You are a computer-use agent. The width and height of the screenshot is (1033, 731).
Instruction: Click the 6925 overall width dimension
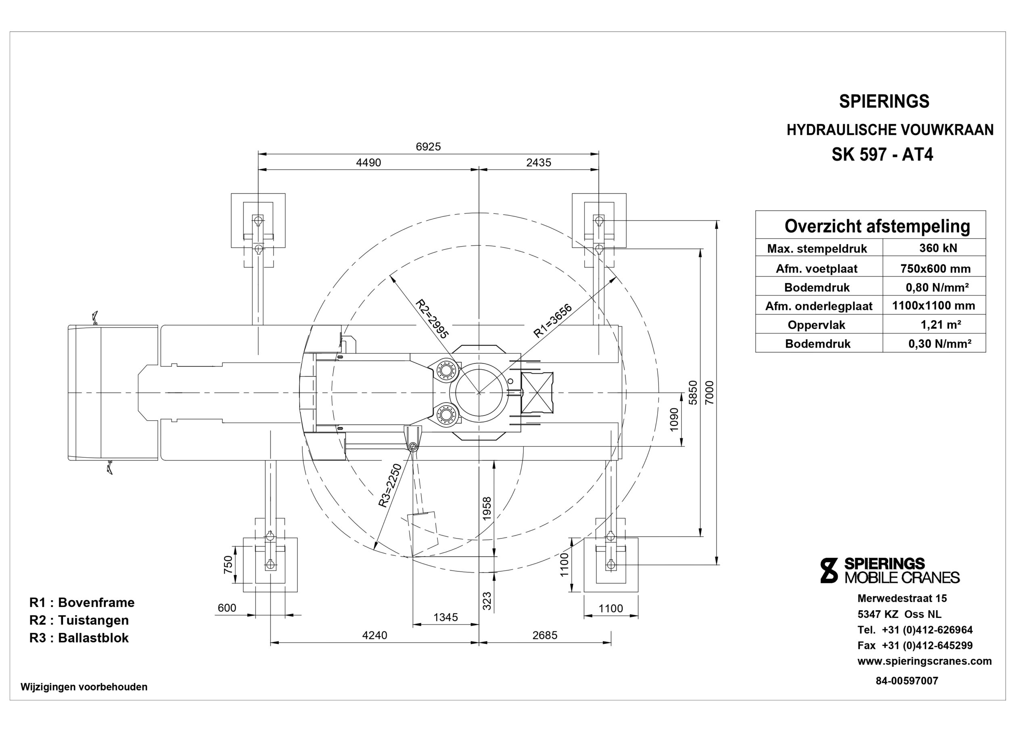tap(428, 147)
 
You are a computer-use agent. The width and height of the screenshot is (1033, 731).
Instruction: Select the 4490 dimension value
tap(368, 163)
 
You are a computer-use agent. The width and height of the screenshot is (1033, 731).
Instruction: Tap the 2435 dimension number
tap(539, 163)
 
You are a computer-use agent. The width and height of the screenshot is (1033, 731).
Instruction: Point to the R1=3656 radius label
tap(552, 321)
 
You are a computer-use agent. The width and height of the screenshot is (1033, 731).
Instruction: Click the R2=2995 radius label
tap(432, 319)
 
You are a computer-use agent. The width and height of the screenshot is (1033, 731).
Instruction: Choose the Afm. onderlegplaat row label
tap(818, 306)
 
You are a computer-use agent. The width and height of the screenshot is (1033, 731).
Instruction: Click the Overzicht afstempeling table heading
tap(877, 226)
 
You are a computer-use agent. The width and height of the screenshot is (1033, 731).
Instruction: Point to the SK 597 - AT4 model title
tap(882, 154)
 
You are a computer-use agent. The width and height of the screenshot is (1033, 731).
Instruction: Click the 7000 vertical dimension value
tap(709, 392)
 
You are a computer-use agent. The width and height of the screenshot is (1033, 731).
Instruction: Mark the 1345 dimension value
tap(445, 617)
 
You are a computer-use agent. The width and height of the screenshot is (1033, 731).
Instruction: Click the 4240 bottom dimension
tap(375, 635)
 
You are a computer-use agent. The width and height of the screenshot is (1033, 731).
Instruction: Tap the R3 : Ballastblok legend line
tap(79, 638)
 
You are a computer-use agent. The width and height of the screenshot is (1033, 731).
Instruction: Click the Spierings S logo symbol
tap(829, 570)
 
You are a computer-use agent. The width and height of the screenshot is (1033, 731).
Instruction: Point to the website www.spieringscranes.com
tap(924, 661)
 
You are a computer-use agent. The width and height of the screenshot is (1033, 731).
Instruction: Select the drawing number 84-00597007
tap(907, 681)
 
